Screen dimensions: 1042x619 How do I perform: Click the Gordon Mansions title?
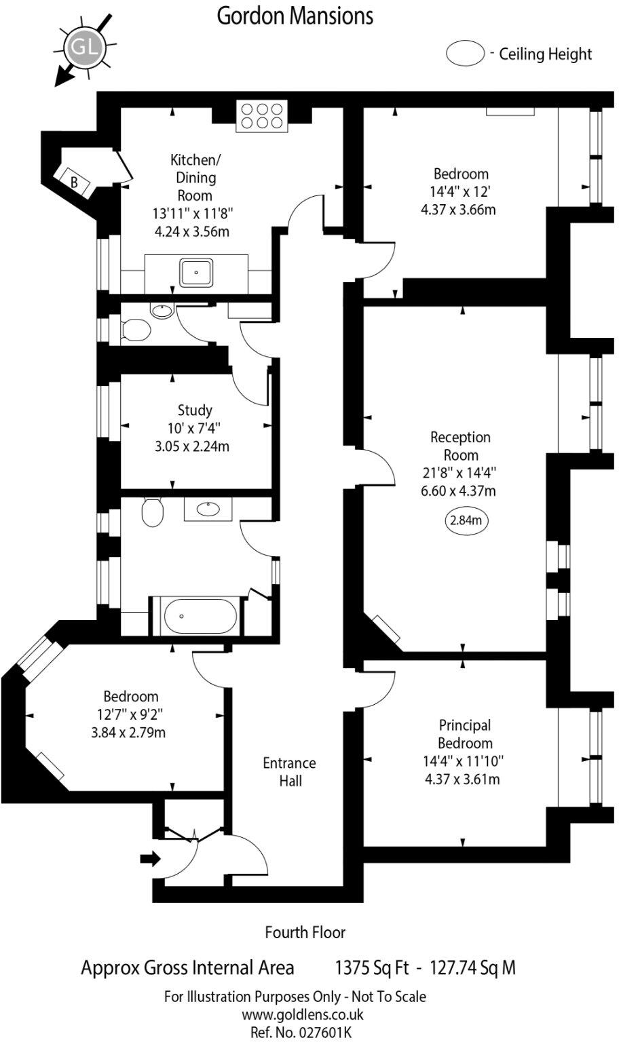point(295,15)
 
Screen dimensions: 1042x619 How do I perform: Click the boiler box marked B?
point(75,182)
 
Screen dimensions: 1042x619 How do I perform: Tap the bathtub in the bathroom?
point(200,616)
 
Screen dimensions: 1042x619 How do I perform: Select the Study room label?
point(195,410)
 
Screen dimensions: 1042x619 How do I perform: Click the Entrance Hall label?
point(290,772)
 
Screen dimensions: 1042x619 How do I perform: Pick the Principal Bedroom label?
point(464,734)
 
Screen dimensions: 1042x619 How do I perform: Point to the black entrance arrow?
point(150,860)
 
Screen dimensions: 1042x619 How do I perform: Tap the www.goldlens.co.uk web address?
point(303,1015)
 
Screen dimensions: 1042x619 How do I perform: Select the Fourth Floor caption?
point(305,933)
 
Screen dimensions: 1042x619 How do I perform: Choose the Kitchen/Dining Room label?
point(195,178)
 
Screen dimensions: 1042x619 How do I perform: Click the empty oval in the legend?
point(465,54)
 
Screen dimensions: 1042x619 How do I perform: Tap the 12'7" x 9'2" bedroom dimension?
point(130,714)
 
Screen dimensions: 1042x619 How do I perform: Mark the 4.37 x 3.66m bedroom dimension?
point(458,210)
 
